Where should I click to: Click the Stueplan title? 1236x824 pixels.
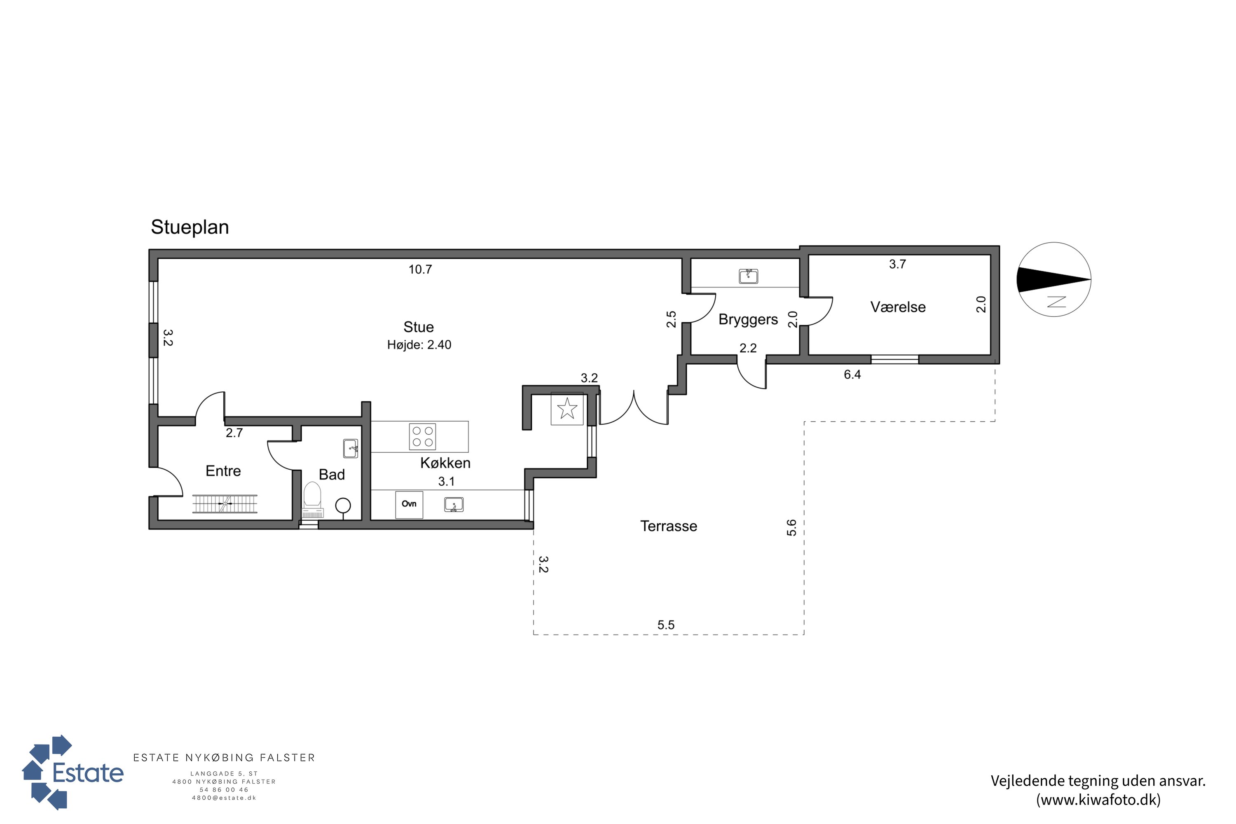point(190,227)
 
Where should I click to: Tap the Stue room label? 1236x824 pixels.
point(418,327)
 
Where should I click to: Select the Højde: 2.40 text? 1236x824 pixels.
point(419,345)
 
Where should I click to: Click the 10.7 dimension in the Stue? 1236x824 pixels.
point(420,269)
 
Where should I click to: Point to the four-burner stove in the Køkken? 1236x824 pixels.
point(423,437)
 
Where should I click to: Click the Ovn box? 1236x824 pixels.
point(409,504)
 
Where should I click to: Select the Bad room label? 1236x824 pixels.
point(332,475)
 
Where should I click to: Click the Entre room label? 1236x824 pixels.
point(223,471)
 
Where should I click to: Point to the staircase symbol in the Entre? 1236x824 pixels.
point(225,503)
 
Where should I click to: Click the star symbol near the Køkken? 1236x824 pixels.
point(567,408)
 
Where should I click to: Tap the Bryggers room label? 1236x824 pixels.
point(748,320)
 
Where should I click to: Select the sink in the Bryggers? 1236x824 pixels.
point(748,276)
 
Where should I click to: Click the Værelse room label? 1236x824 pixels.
point(898,307)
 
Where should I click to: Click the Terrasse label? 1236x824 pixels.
point(668,526)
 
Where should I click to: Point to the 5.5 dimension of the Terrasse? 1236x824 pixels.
point(666,625)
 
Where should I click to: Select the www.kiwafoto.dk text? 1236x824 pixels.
point(1098,800)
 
